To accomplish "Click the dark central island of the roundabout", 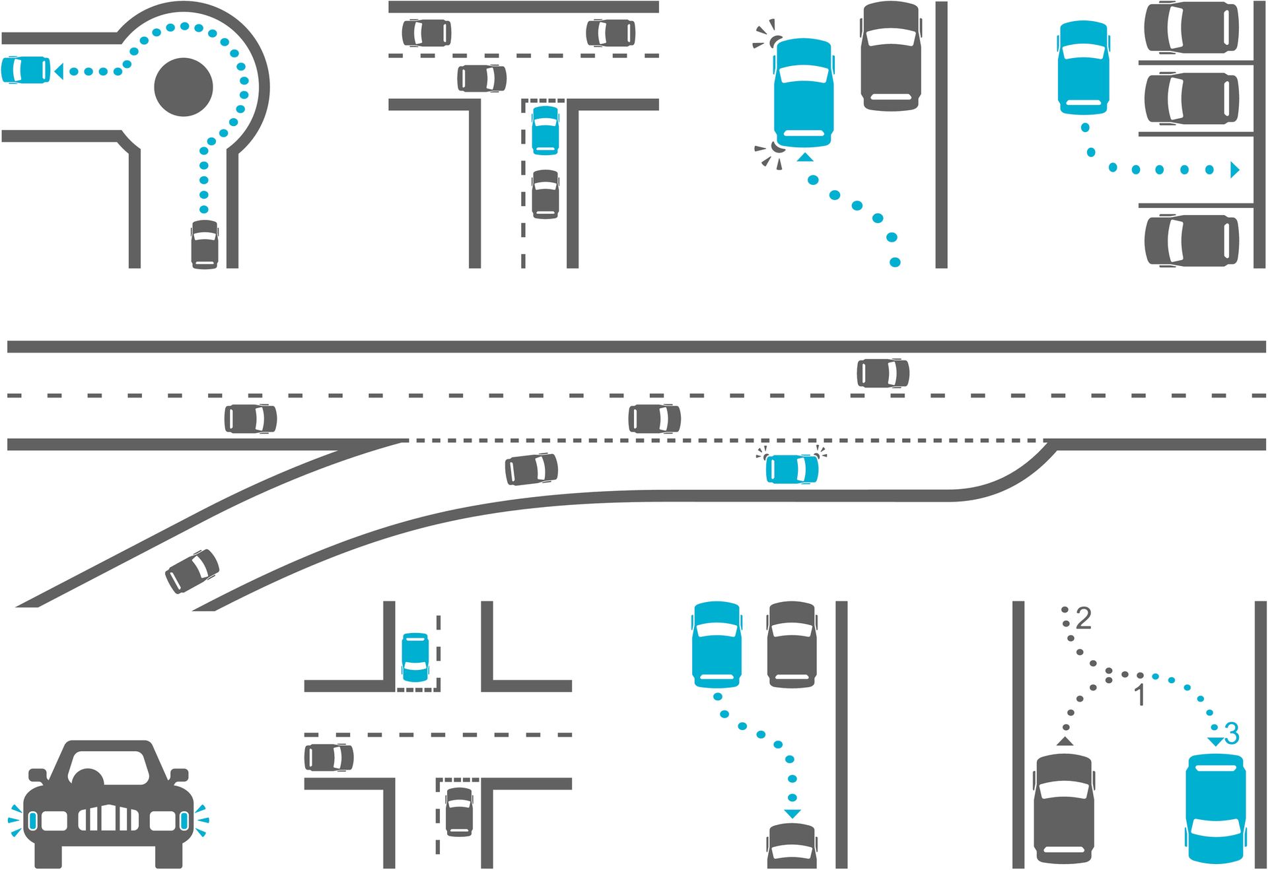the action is pyautogui.click(x=184, y=87).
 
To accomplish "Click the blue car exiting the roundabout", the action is pyautogui.click(x=26, y=70).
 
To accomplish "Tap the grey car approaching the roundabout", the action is pyautogui.click(x=205, y=245).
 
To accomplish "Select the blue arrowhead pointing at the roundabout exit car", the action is pyautogui.click(x=59, y=71).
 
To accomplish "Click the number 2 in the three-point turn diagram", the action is pyautogui.click(x=1083, y=619).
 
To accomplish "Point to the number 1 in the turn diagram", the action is pyautogui.click(x=1140, y=695).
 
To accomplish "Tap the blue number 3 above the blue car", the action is pyautogui.click(x=1232, y=733).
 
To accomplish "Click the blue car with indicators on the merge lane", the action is pyautogui.click(x=792, y=469).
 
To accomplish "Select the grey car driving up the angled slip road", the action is pyautogui.click(x=192, y=571).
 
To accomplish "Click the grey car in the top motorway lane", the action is pyautogui.click(x=883, y=373).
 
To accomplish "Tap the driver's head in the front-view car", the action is pyautogui.click(x=88, y=777).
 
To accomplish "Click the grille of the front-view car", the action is pyautogui.click(x=109, y=818).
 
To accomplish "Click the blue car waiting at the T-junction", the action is pyautogui.click(x=546, y=130).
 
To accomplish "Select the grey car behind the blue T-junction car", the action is pyautogui.click(x=546, y=194).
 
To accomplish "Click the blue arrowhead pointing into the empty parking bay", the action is pyautogui.click(x=1235, y=170).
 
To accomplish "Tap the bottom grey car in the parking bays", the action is pyautogui.click(x=1191, y=240).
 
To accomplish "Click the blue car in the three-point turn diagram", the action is pyautogui.click(x=1216, y=809).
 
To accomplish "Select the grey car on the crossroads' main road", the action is pyautogui.click(x=329, y=757).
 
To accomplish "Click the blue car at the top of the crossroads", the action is pyautogui.click(x=415, y=657).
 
